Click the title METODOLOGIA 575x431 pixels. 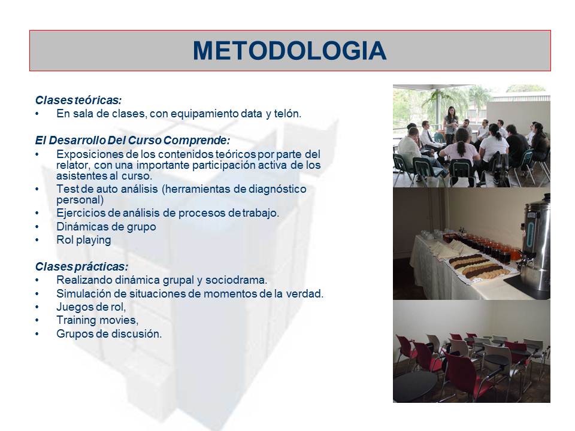(x=290, y=50)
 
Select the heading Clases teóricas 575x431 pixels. (x=78, y=100)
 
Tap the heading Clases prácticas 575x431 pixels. (x=82, y=266)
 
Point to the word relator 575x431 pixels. (x=72, y=165)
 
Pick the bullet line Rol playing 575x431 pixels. (x=84, y=240)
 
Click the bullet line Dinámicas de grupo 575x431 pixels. (x=106, y=226)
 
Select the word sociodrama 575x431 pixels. (x=236, y=280)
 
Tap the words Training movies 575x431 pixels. (x=97, y=320)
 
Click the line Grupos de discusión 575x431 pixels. (x=109, y=334)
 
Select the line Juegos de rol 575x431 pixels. (x=91, y=306)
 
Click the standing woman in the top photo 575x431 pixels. (x=451, y=125)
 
